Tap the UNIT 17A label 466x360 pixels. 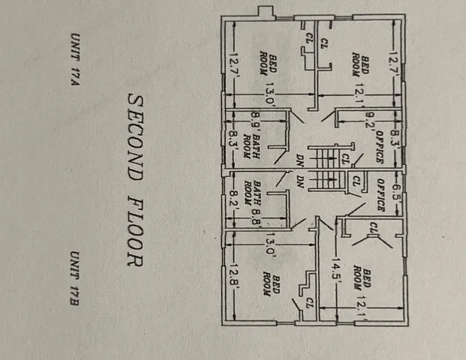pos(75,59)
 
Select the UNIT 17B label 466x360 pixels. pos(74,278)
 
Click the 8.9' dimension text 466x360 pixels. pos(256,119)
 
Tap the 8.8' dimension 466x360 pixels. pos(257,217)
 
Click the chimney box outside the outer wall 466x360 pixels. pos(266,13)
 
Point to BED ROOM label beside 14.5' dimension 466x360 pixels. pos(362,279)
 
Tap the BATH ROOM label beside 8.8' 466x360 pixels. pos(252,193)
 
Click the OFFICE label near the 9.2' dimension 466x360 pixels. pos(380,147)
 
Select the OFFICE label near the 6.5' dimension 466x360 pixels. pos(380,195)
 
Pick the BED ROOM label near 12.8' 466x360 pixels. pos(272,286)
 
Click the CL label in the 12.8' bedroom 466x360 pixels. pos(310,303)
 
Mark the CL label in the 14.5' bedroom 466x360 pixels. pos(373,228)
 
